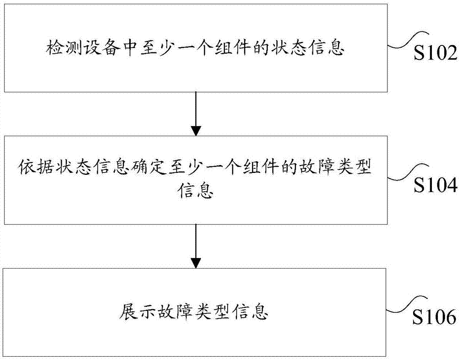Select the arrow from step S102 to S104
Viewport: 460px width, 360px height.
point(196,113)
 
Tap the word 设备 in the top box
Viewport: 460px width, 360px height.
point(95,48)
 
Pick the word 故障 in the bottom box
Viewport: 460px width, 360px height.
point(170,312)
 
